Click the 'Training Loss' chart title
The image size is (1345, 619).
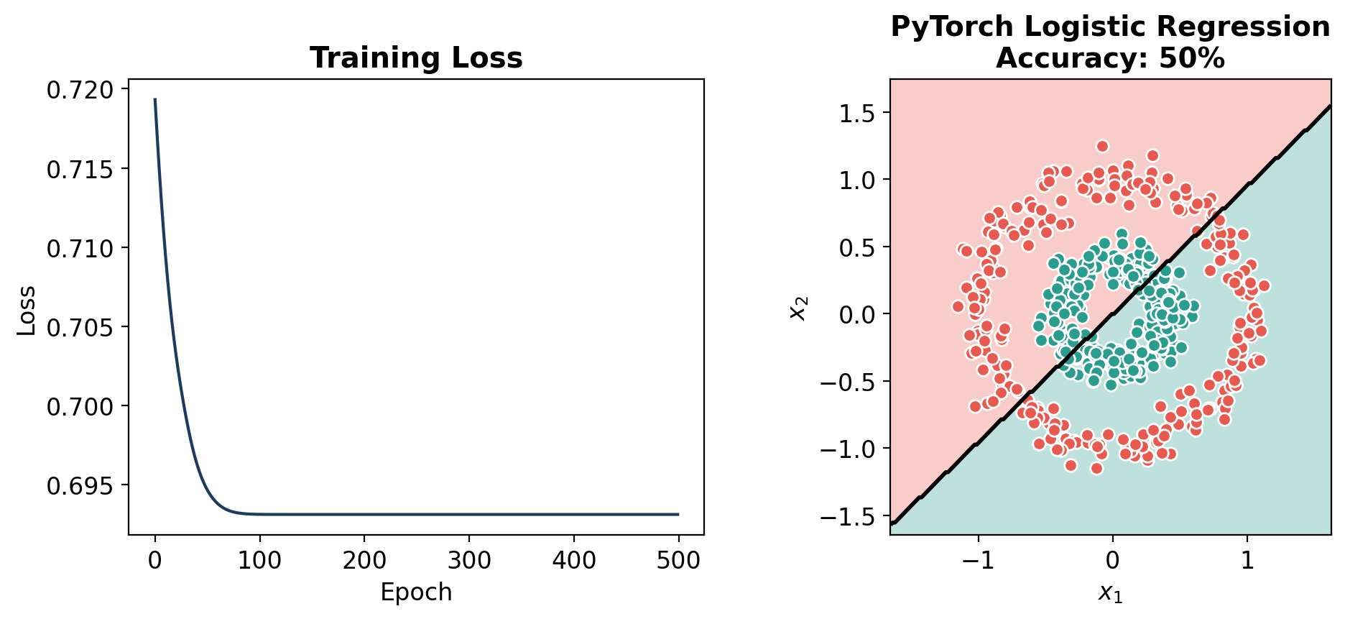(x=416, y=58)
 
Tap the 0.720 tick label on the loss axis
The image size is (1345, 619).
(x=80, y=90)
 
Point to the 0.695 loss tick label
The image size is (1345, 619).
(x=80, y=486)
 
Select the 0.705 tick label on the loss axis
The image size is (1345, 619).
(x=80, y=327)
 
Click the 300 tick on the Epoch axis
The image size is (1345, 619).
(x=469, y=560)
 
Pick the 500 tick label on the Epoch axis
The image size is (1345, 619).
(x=678, y=560)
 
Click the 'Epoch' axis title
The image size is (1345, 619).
(x=416, y=592)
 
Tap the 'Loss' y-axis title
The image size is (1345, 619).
(x=27, y=311)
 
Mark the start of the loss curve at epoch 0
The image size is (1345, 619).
(x=155, y=100)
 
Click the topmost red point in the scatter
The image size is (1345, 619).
(x=1102, y=147)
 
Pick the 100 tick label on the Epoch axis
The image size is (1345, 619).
(x=259, y=560)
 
